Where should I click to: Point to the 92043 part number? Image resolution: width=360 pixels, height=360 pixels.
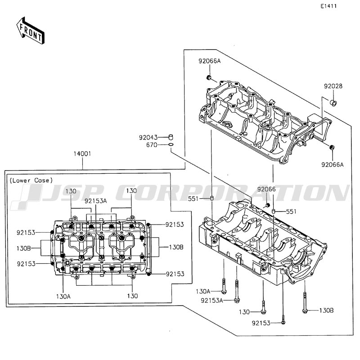[148, 137]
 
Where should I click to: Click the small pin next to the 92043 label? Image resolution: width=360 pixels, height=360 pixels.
[171, 136]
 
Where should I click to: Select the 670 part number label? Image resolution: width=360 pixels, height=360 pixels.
[152, 145]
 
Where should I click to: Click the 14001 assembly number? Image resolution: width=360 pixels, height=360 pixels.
[83, 153]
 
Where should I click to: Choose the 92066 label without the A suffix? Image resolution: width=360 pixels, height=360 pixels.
[266, 189]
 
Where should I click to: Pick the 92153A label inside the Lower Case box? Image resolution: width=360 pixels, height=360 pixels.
[96, 201]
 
